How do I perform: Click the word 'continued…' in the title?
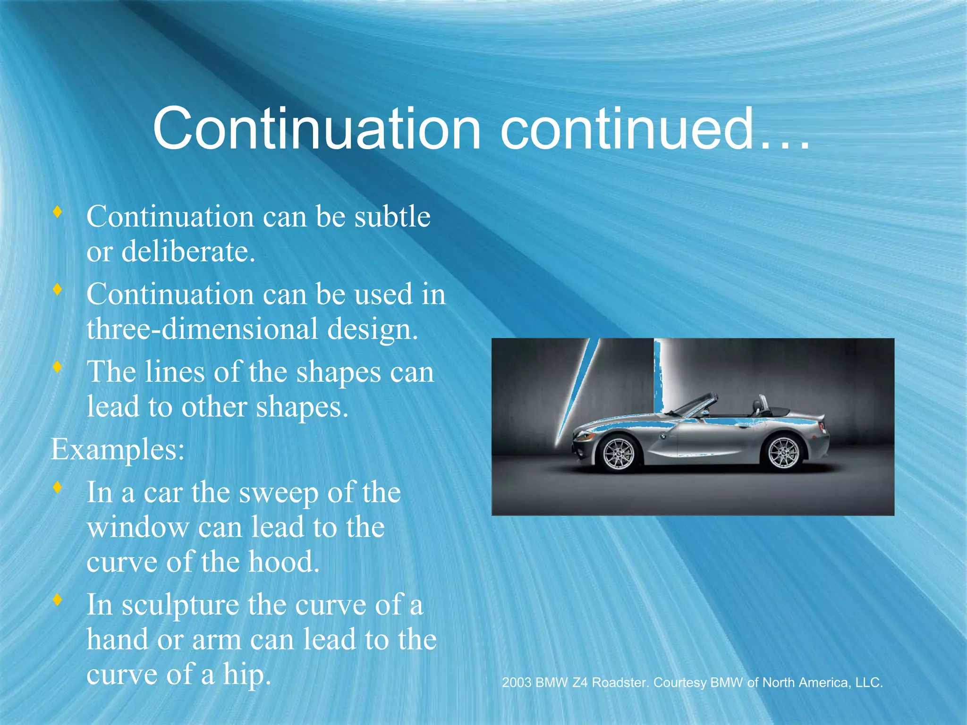[x=655, y=128]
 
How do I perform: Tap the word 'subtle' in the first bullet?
[x=392, y=217]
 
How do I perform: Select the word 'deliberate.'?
[x=188, y=252]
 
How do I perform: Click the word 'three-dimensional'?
[x=202, y=329]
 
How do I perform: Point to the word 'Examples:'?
[x=118, y=449]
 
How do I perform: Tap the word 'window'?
[x=138, y=527]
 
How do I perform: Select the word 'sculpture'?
[x=180, y=606]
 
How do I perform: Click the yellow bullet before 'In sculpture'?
[x=58, y=600]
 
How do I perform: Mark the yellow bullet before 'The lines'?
[x=58, y=367]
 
